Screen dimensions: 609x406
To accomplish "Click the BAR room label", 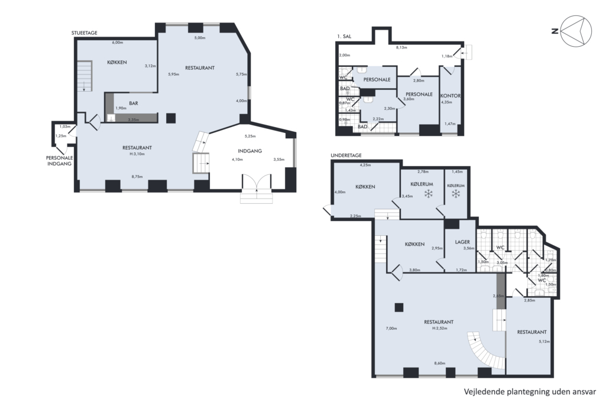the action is point(134,103).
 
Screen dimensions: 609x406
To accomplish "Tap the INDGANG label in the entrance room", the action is point(250,151).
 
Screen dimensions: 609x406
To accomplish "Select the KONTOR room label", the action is point(451,96).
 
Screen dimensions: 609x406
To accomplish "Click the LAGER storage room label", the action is point(462,242).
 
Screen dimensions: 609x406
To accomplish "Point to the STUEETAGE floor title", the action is point(85,33).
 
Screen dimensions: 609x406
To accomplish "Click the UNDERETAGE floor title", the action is point(346,155).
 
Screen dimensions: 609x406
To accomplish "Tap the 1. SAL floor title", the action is point(344,37).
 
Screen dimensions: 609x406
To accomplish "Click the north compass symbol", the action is point(577,31).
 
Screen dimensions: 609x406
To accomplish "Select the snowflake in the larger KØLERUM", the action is point(429,193).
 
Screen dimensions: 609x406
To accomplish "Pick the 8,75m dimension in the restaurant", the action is point(137,177).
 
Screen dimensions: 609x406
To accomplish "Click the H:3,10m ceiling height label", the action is point(137,154).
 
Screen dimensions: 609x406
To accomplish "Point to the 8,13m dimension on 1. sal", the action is point(401,47).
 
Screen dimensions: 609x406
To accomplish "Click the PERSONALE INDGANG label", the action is point(60,161).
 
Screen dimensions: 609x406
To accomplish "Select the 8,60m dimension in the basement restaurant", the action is point(440,363).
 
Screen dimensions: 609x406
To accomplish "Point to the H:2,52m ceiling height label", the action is point(440,328).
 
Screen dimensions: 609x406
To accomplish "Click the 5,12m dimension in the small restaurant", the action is point(544,342).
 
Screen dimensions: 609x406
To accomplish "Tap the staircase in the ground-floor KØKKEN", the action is point(84,76).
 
